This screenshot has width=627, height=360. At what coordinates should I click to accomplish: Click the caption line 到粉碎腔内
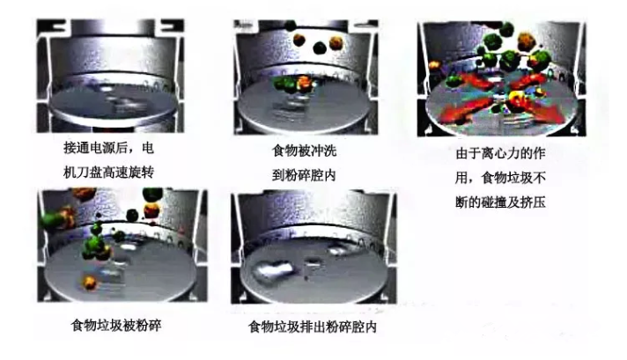tap(304, 175)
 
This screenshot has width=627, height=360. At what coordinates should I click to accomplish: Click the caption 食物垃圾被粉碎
tap(116, 325)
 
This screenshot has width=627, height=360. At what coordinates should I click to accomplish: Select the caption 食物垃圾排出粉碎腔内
tap(313, 327)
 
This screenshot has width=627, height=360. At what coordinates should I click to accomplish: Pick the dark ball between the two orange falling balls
tap(320, 48)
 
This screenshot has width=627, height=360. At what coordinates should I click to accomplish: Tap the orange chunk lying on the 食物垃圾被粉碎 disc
tap(90, 282)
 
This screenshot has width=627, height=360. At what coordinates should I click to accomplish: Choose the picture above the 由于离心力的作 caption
tap(501, 78)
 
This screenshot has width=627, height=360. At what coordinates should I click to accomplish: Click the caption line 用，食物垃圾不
tap(501, 178)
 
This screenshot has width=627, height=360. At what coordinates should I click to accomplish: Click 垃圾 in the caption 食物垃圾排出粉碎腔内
tap(287, 327)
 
